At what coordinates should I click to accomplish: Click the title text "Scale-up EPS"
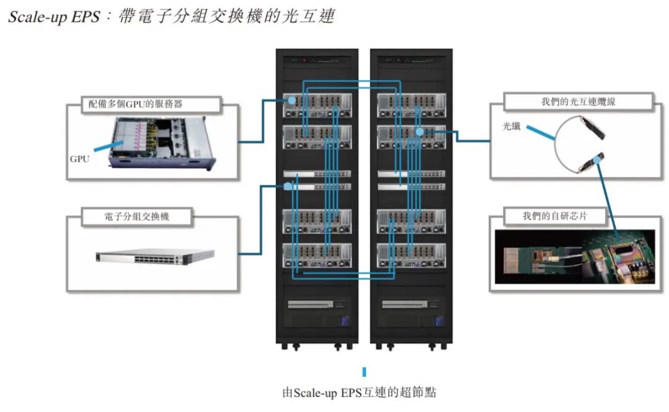[x=53, y=17]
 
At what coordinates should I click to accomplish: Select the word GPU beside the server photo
[x=79, y=159]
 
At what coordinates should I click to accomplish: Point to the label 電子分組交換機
[x=137, y=217]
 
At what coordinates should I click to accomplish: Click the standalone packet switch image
[x=155, y=256]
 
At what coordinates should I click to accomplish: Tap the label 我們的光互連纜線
[x=578, y=102]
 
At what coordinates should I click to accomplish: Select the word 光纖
[x=511, y=127]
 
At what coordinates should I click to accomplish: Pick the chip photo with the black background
[x=575, y=256]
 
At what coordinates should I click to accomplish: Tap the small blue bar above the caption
[x=364, y=372]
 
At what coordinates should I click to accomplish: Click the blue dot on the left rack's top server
[x=291, y=100]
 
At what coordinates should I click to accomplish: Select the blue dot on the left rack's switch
[x=287, y=186]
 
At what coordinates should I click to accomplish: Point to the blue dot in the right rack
[x=419, y=132]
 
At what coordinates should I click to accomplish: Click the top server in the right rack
[x=411, y=105]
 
